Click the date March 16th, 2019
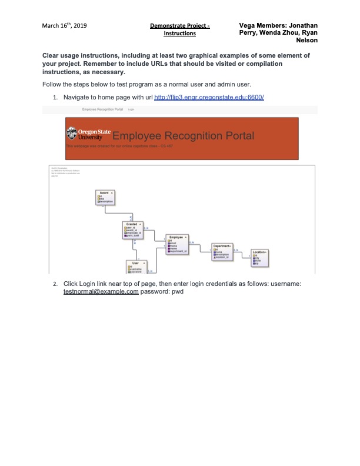coord(64,26)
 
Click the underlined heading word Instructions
coord(179,34)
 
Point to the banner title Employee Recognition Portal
coord(183,136)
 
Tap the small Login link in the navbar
coord(131,110)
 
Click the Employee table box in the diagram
coord(176,243)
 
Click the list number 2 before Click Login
coord(55,284)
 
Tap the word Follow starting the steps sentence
coord(51,84)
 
